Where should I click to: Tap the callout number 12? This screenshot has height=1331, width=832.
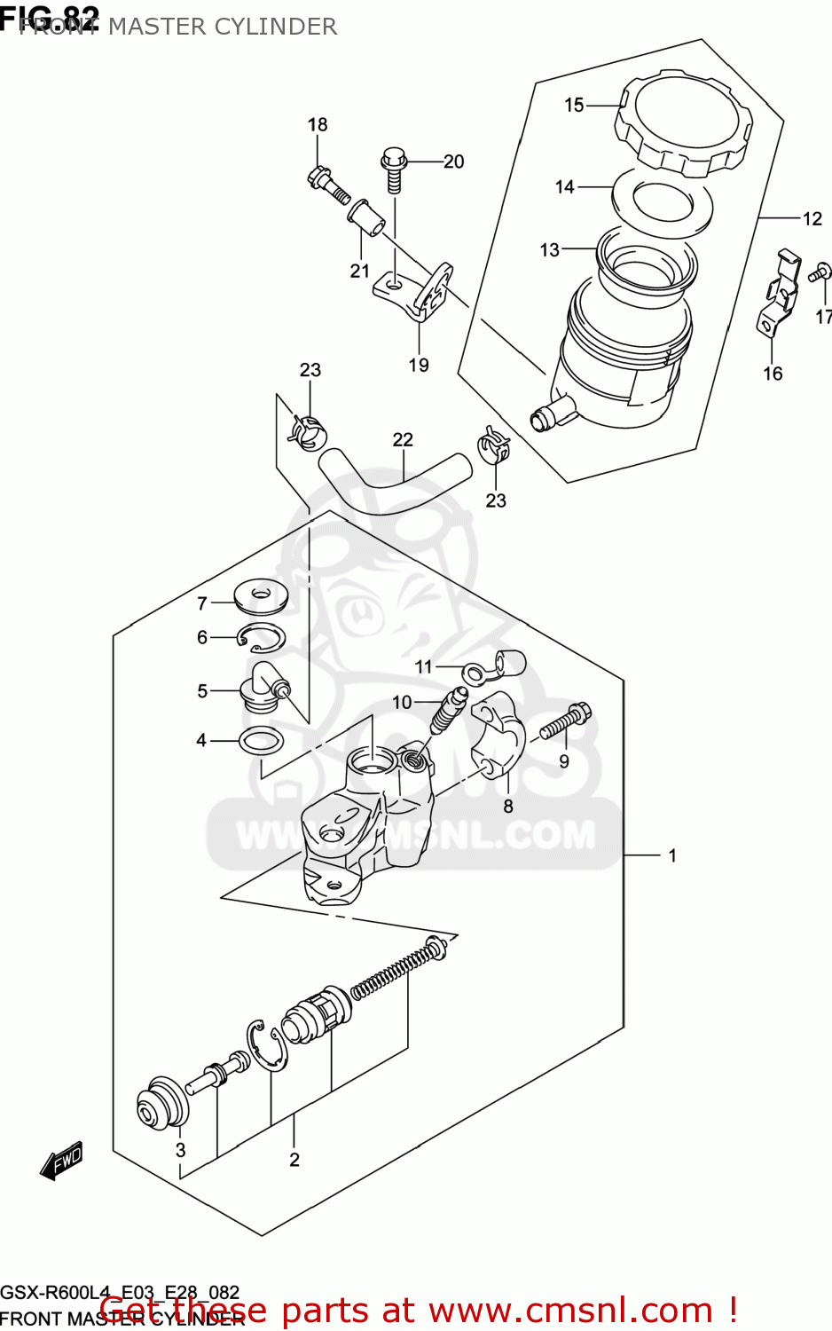coord(812,218)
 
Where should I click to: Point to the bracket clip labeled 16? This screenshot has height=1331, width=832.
coord(778,294)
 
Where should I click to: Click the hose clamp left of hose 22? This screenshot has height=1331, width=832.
coord(306,431)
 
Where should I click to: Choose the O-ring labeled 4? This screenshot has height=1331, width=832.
coord(261,740)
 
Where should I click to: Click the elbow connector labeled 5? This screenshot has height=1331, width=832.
coord(263,687)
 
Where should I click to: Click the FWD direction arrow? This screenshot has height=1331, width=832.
coord(62,1161)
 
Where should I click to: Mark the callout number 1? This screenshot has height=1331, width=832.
coord(672,855)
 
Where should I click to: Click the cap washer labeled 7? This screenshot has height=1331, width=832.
coord(260,597)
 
